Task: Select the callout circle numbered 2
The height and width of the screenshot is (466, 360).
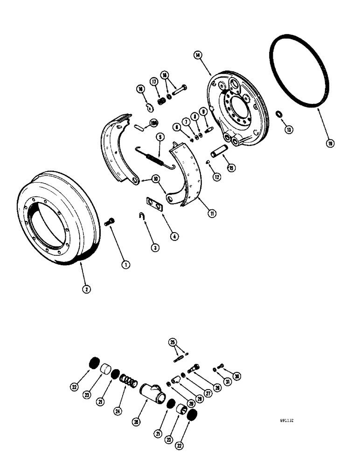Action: click(86, 289)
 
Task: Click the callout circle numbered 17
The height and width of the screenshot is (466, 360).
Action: click(153, 81)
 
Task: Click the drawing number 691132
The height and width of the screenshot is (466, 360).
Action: click(287, 419)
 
